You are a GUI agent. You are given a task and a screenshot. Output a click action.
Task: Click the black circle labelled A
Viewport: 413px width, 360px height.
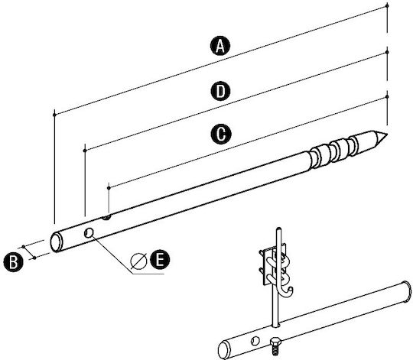tap(220, 47)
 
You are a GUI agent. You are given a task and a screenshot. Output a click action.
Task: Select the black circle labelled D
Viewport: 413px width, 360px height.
tap(221, 91)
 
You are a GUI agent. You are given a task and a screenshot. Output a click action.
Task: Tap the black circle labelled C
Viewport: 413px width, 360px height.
tap(221, 134)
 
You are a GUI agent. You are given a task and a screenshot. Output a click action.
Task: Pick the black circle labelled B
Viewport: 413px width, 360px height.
tap(13, 261)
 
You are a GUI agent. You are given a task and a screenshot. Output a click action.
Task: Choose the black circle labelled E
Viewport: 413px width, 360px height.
tap(160, 260)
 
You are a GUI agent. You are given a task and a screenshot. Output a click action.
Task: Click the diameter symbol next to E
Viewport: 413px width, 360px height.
tap(138, 261)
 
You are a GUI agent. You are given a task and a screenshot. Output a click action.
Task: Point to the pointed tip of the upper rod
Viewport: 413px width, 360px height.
tap(386, 135)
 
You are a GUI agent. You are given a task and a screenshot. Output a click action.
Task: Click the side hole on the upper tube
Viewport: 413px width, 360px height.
tap(89, 233)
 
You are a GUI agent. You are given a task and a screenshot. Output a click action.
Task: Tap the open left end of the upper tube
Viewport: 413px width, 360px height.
tap(56, 242)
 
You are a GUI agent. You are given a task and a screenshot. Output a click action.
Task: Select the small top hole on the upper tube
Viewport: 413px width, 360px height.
tap(106, 217)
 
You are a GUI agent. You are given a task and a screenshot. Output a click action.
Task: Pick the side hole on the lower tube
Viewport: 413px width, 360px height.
tap(255, 341)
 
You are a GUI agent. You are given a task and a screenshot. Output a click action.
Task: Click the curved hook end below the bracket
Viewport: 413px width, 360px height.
tap(287, 292)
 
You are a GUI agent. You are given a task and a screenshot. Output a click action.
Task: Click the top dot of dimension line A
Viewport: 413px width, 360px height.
tap(387, 5)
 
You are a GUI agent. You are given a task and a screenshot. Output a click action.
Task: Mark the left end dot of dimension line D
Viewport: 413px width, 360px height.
tap(85, 151)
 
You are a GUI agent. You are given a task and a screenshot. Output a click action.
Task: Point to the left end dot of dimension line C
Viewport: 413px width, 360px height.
tap(109, 187)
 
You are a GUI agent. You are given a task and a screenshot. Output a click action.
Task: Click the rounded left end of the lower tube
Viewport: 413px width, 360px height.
tap(223, 350)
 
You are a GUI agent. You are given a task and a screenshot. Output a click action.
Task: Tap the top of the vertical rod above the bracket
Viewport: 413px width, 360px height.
tap(279, 229)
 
